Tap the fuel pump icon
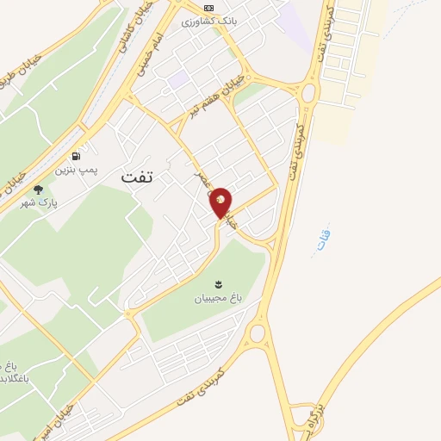tap(78, 157)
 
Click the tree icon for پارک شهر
tap(37, 189)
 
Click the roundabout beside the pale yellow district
tap(309, 91)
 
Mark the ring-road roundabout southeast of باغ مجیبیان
tap(257, 332)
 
